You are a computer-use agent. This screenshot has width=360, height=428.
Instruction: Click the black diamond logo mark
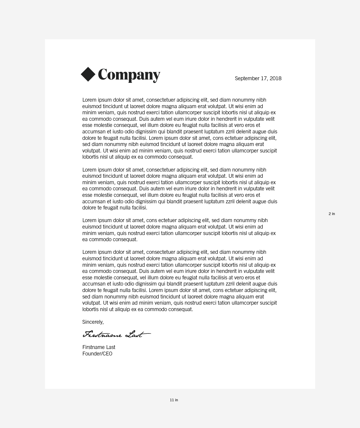[x=88, y=74]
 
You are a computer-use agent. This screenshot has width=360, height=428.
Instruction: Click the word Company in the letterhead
[x=129, y=75]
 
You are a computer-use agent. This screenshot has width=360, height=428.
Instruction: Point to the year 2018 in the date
[x=275, y=78]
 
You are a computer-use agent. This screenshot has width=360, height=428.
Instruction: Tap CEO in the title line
[x=107, y=354]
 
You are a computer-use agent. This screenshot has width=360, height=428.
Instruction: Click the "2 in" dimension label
[x=332, y=214]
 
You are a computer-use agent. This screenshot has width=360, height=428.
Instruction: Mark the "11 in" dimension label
[x=174, y=400]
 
